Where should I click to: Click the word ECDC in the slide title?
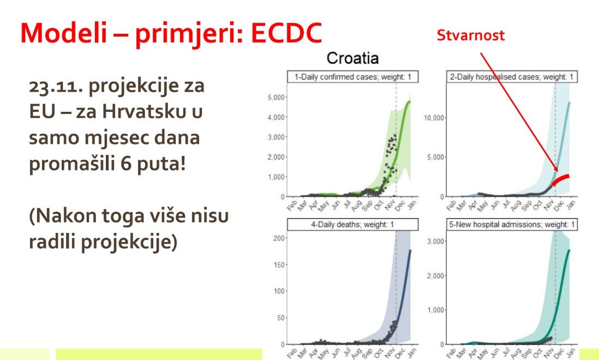pyautogui.click(x=286, y=33)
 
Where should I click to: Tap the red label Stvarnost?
pyautogui.click(x=470, y=35)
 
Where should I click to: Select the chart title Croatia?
pyautogui.click(x=352, y=58)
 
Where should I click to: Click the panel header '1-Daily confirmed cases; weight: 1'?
pyautogui.click(x=352, y=77)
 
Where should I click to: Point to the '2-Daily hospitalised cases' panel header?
pyautogui.click(x=512, y=77)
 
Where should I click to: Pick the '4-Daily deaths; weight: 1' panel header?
pyautogui.click(x=352, y=225)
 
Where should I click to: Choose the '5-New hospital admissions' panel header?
pyautogui.click(x=512, y=225)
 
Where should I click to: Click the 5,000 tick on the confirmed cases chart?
pyautogui.click(x=276, y=98)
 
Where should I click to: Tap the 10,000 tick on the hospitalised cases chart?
pyautogui.click(x=434, y=118)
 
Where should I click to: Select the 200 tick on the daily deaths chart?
pyautogui.click(x=279, y=238)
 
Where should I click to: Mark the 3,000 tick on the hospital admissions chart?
pyautogui.click(x=435, y=242)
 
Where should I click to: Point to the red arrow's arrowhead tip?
pyautogui.click(x=558, y=171)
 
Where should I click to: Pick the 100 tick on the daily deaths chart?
pyautogui.click(x=279, y=291)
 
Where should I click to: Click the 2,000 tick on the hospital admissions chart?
pyautogui.click(x=435, y=276)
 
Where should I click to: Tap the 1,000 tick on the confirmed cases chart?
pyautogui.click(x=276, y=177)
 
